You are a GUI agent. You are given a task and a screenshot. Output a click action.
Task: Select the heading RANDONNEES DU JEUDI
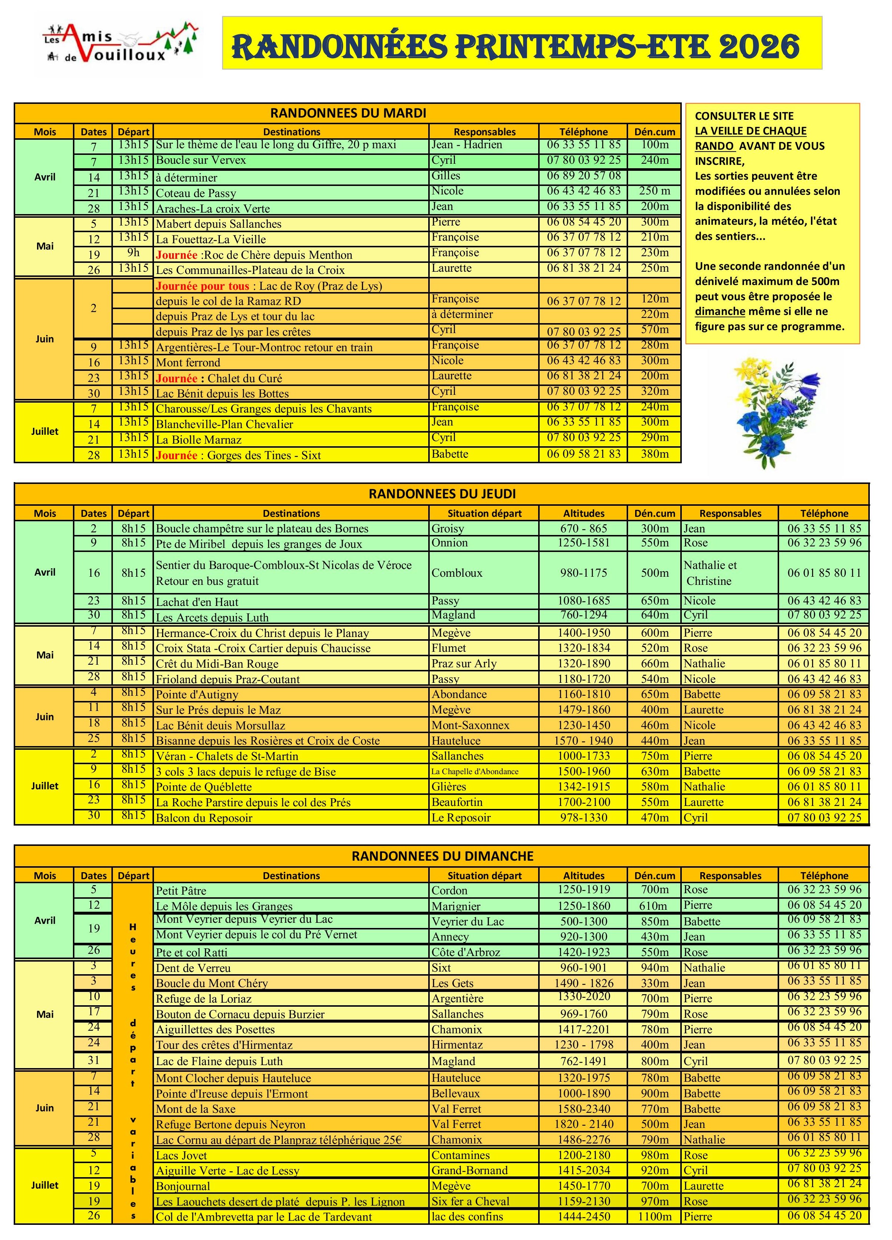coord(442,494)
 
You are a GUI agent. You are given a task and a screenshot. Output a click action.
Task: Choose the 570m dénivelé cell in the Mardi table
coord(654,330)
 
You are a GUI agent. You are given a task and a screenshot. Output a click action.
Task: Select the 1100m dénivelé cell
coord(654,1216)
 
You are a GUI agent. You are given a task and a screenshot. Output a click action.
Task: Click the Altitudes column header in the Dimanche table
coord(583,875)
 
